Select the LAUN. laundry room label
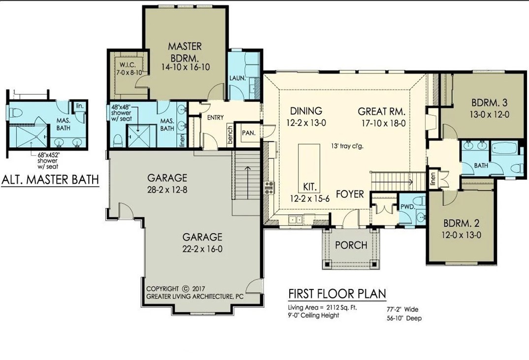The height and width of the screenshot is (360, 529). [x=237, y=78]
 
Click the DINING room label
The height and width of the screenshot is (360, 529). [x=306, y=111]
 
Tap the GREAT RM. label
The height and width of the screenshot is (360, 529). [x=382, y=111]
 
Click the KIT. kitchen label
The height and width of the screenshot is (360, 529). [x=310, y=187]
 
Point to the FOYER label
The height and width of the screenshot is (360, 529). [x=350, y=194]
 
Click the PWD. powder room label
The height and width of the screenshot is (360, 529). [x=406, y=207]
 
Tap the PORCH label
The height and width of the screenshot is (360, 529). [x=351, y=245]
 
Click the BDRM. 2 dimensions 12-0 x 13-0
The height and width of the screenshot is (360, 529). [x=462, y=235]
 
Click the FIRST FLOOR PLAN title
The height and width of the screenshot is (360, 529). [x=337, y=294]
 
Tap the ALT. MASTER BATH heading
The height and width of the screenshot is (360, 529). [x=50, y=180]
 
